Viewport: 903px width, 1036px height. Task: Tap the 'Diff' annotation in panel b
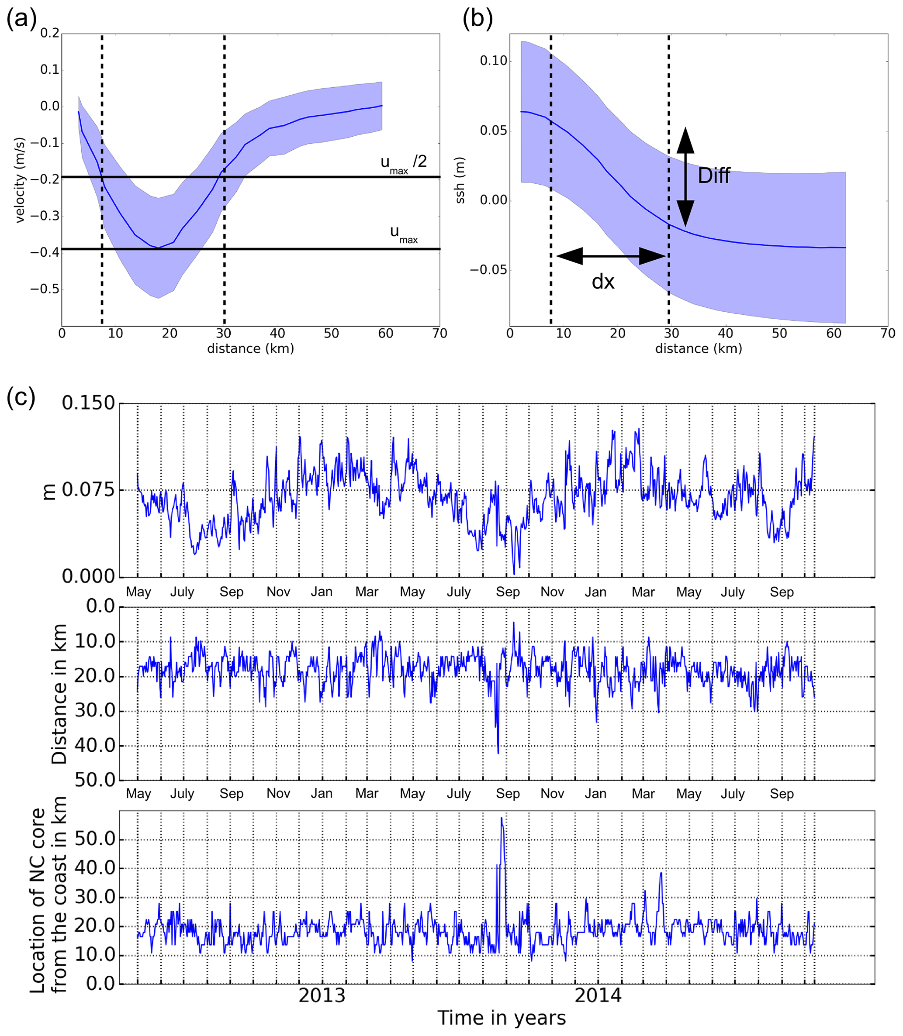tap(713, 176)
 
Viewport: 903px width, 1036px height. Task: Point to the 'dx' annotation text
tap(603, 282)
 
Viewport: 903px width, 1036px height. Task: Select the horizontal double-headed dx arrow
tap(610, 256)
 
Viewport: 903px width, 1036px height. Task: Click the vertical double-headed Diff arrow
tap(685, 176)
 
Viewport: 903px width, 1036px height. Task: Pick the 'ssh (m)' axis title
tap(460, 180)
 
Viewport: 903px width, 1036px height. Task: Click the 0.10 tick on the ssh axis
tap(493, 61)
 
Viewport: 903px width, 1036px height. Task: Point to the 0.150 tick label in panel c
tap(88, 403)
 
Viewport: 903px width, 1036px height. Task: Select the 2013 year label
tap(322, 996)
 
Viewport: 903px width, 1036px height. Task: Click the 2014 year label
tap(598, 996)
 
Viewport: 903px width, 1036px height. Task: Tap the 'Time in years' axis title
tap(502, 1018)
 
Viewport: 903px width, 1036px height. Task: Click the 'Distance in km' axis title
tap(59, 694)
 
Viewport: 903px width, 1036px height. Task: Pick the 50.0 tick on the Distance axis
tap(95, 780)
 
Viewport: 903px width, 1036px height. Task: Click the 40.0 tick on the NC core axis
tap(95, 868)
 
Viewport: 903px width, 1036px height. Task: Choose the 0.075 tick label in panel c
tap(88, 489)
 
